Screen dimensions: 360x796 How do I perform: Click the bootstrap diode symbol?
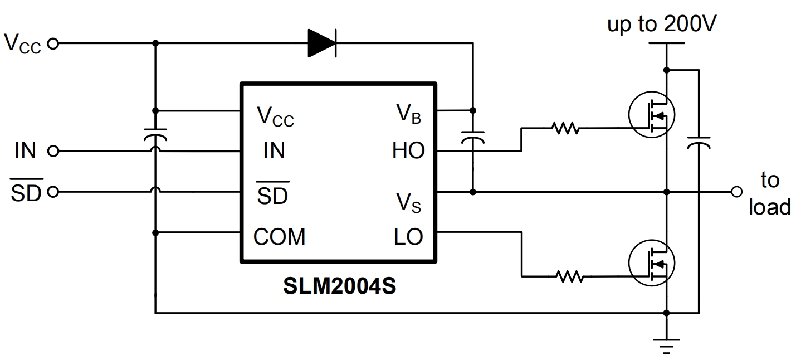(x=323, y=43)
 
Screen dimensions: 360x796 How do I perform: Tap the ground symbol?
(x=666, y=344)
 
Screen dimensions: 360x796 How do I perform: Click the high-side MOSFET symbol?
(x=651, y=115)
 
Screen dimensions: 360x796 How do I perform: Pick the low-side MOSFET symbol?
(x=651, y=262)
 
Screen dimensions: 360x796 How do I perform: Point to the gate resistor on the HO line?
(x=566, y=128)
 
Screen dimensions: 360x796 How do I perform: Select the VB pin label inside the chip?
(x=408, y=114)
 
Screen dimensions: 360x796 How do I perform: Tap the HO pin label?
(x=408, y=150)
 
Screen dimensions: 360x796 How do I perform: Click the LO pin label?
(x=408, y=237)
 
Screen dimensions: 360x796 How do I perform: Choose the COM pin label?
(x=279, y=237)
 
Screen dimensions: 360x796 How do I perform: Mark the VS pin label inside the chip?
(x=408, y=203)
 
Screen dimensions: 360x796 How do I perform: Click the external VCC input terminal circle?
(x=53, y=43)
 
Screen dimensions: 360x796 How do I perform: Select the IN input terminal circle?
(x=53, y=151)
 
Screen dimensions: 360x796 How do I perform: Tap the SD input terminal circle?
(x=53, y=192)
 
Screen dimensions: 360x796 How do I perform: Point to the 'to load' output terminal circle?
(x=737, y=192)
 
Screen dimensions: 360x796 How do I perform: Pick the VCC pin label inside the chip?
(x=275, y=116)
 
